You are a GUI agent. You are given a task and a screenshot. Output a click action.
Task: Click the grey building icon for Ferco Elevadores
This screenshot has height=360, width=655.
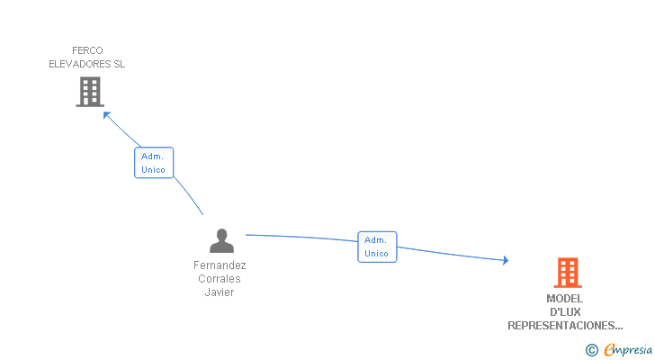pos(90,91)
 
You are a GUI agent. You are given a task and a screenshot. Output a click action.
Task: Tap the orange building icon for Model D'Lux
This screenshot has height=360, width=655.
pos(567,273)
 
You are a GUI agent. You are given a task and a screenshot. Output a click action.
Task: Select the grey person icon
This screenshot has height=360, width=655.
pos(221,241)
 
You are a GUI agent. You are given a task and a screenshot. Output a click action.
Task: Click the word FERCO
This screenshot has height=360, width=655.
pos(88,50)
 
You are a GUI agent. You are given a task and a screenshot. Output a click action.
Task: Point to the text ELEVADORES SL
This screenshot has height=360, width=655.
pos(87,64)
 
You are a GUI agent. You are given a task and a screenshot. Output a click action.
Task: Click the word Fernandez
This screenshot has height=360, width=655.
pos(220,265)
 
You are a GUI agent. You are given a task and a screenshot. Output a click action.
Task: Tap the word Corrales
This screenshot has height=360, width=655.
pos(220,279)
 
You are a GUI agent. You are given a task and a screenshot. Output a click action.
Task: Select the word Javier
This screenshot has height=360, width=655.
pos(220,292)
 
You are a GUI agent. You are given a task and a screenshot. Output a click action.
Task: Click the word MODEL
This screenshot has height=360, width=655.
pos(564,299)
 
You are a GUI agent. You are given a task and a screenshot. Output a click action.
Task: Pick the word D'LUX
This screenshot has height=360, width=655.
pos(565,312)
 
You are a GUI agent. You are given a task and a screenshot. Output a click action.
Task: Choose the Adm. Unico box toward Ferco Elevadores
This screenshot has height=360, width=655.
pos(154,163)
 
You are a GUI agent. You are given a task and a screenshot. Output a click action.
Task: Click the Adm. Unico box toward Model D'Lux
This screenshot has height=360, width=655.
pos(377,247)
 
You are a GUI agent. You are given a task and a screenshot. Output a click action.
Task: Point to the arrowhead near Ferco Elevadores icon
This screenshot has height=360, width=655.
pos(106,114)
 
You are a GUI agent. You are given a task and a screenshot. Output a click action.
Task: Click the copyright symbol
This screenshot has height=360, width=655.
pos(592,350)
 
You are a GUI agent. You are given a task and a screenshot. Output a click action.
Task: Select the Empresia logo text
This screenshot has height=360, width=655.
pos(629,350)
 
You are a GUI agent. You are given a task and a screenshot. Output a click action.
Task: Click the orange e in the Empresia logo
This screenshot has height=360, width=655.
pos(610,350)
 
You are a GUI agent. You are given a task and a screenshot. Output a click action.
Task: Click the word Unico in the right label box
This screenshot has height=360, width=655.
pos(377,254)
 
